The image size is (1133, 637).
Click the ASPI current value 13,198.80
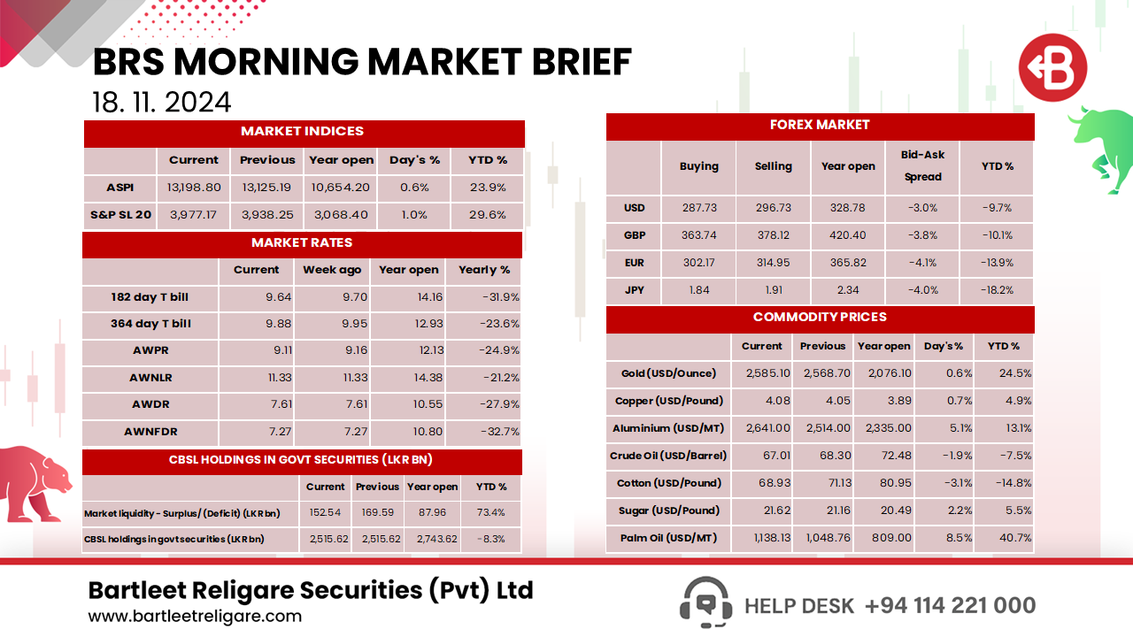click(x=193, y=188)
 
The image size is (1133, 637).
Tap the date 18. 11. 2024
click(x=162, y=102)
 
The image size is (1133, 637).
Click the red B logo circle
click(x=1052, y=67)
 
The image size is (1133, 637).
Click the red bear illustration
click(x=35, y=482)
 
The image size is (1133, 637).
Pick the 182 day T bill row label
click(x=150, y=297)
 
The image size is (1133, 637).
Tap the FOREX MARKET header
click(x=820, y=126)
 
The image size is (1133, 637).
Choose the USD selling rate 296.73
click(x=773, y=208)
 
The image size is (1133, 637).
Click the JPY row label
click(x=634, y=290)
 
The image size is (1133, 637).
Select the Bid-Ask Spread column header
click(x=922, y=165)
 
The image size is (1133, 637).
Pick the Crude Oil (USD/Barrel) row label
click(x=668, y=456)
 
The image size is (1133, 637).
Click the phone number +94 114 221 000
click(x=950, y=605)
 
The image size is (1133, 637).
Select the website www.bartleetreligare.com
click(x=195, y=617)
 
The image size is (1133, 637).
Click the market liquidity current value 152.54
click(x=325, y=513)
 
